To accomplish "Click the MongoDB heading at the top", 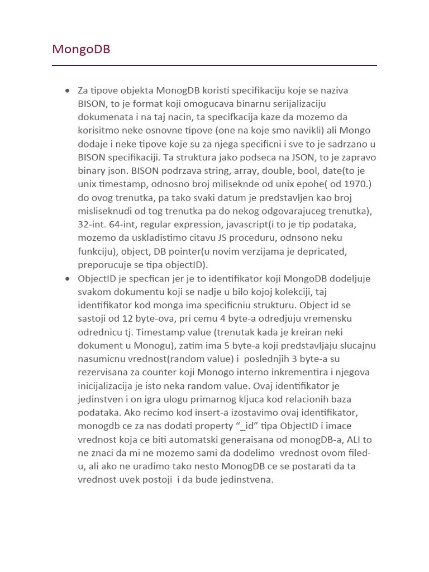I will pyautogui.click(x=81, y=49).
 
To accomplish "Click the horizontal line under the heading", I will pyautogui.click(x=214, y=65).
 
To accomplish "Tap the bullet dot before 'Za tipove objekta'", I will pyautogui.click(x=68, y=90).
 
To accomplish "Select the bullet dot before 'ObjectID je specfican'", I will pyautogui.click(x=68, y=278).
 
